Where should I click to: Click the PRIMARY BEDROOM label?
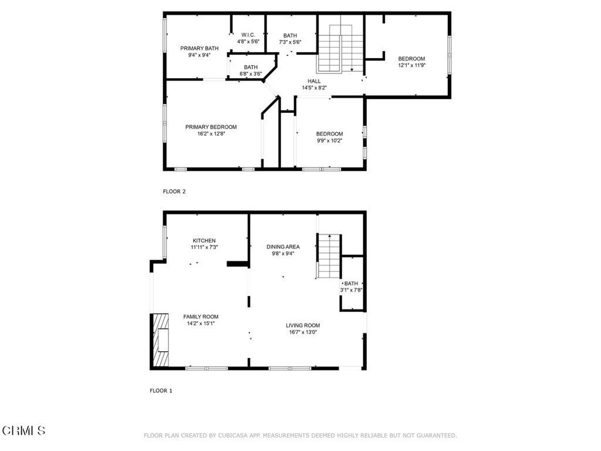click(x=211, y=127)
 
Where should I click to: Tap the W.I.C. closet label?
click(x=248, y=35)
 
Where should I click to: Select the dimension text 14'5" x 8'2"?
click(x=315, y=88)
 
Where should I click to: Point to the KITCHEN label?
click(x=204, y=240)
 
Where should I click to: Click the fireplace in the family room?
click(x=161, y=340)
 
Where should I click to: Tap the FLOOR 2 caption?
click(x=174, y=191)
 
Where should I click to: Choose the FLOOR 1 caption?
click(x=161, y=391)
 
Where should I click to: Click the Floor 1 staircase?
click(x=329, y=256)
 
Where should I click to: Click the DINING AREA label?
click(x=283, y=247)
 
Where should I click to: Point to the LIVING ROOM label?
click(x=303, y=325)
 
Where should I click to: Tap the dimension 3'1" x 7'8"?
click(x=351, y=290)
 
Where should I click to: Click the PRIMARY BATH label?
click(x=200, y=48)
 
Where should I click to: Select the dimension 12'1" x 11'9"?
click(x=411, y=65)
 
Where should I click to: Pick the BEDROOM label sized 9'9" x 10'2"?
click(x=330, y=134)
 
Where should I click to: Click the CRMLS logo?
click(x=23, y=430)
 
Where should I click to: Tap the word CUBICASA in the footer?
click(x=234, y=436)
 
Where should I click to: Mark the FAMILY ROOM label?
click(x=201, y=317)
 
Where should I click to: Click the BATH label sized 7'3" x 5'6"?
click(x=290, y=36)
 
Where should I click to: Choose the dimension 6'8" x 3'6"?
click(x=251, y=73)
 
